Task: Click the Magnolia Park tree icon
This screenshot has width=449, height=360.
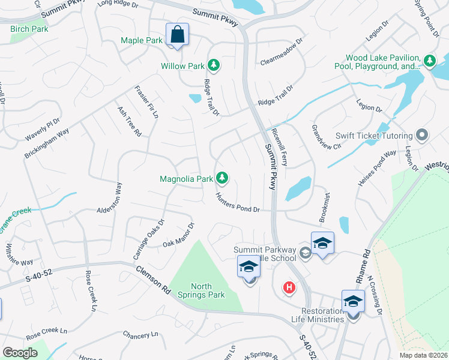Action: pyautogui.click(x=222, y=178)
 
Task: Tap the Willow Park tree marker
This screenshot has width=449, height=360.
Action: pyautogui.click(x=213, y=65)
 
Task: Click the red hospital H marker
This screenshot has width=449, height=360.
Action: pyautogui.click(x=289, y=288)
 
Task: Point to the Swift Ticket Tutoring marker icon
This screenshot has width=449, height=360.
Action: pyautogui.click(x=422, y=135)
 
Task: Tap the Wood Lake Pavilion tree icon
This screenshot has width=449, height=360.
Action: pyautogui.click(x=429, y=61)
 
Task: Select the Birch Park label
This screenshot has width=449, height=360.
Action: pyautogui.click(x=29, y=28)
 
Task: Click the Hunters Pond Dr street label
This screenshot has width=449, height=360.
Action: pyautogui.click(x=238, y=205)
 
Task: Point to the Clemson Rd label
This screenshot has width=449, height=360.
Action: pyautogui.click(x=152, y=280)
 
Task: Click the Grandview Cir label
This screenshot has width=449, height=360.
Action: pyautogui.click(x=326, y=137)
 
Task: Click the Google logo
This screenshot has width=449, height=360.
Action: pyautogui.click(x=20, y=353)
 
